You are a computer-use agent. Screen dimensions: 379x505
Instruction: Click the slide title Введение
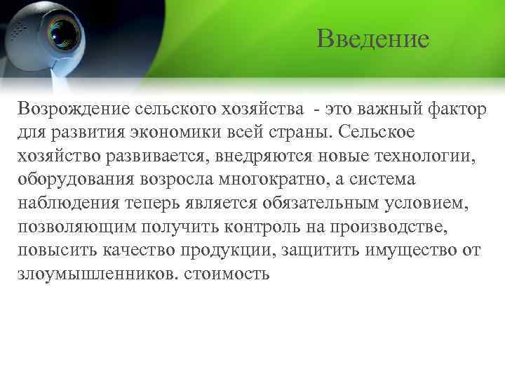click(x=372, y=39)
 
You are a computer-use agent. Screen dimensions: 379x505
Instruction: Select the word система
click(x=379, y=180)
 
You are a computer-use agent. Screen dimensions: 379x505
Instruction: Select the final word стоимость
click(x=227, y=275)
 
